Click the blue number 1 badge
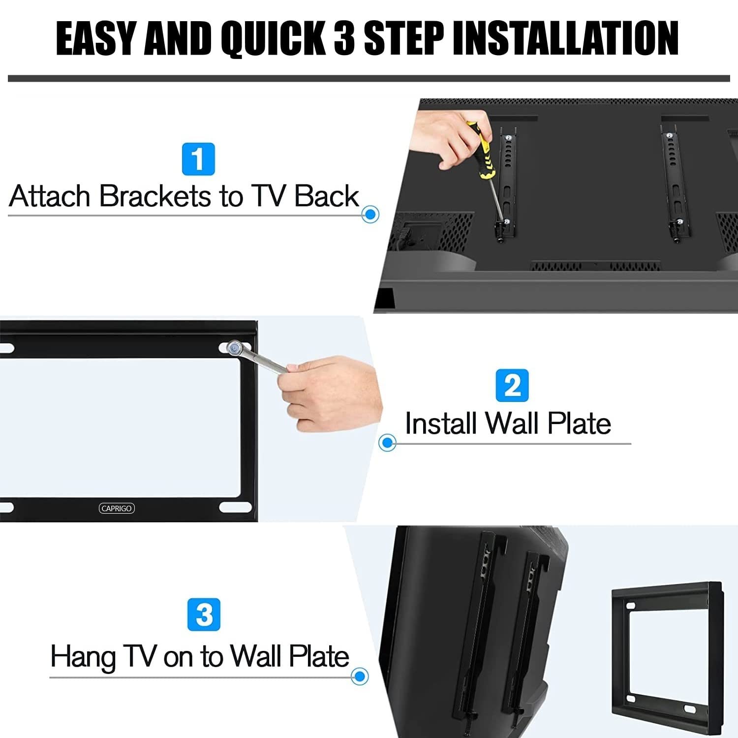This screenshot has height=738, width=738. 198,159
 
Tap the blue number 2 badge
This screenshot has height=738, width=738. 512,385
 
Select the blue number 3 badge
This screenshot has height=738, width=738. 204,615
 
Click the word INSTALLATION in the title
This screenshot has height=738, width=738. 566,38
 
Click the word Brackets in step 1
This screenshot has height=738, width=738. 155,196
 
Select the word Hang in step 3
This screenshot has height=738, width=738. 83,658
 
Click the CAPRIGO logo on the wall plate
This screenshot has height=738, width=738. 117,508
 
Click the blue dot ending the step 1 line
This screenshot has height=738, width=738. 370,215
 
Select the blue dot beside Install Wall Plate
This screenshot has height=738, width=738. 388,442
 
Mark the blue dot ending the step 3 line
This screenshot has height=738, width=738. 360,676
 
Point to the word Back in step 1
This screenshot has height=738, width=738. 327,196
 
